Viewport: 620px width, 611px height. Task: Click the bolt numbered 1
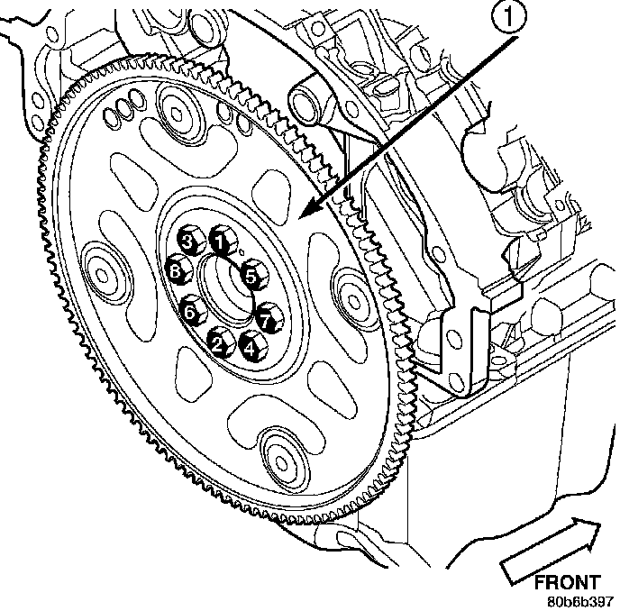pyautogui.click(x=218, y=240)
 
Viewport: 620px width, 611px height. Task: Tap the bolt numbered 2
pyautogui.click(x=217, y=341)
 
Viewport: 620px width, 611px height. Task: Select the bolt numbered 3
pyautogui.click(x=186, y=240)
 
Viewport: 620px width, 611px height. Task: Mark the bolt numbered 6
pyautogui.click(x=190, y=312)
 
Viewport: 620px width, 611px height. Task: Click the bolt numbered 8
pyautogui.click(x=176, y=269)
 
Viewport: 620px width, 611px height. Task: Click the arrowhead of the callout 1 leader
pyautogui.click(x=304, y=215)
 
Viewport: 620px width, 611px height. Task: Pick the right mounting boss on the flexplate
pyautogui.click(x=351, y=287)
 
